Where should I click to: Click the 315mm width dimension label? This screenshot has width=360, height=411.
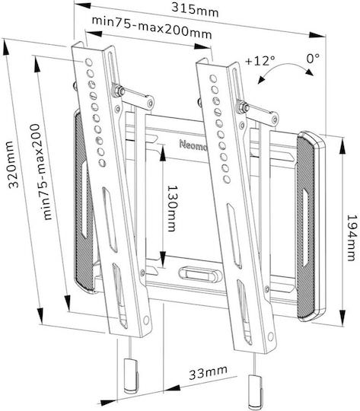click(195, 10)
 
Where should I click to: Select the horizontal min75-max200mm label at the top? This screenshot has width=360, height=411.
click(151, 27)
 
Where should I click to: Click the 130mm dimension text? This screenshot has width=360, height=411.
click(172, 209)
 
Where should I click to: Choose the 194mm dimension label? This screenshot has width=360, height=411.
click(352, 237)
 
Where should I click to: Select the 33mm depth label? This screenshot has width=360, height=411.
click(209, 372)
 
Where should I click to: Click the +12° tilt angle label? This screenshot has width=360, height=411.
click(260, 61)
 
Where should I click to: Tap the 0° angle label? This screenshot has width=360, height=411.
click(313, 58)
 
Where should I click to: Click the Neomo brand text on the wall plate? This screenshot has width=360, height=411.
click(193, 145)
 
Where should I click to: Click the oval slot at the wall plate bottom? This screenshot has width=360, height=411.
click(198, 275)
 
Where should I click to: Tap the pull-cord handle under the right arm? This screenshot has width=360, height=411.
click(255, 390)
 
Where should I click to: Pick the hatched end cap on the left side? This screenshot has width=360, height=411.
click(84, 202)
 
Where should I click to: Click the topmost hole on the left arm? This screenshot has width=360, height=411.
click(88, 62)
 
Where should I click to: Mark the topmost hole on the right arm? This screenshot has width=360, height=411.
click(213, 78)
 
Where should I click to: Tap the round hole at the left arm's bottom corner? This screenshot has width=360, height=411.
click(146, 320)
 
